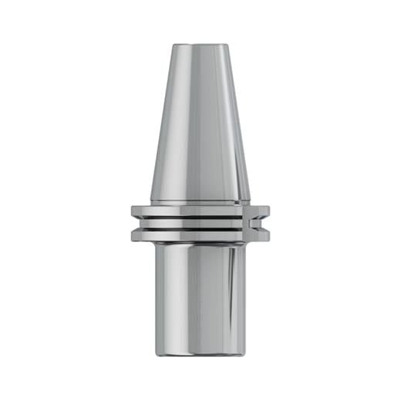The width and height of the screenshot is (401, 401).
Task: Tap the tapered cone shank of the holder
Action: tap(200, 123)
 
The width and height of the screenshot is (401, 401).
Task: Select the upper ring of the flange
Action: tap(193, 211)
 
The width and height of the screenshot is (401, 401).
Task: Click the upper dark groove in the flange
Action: tap(193, 217)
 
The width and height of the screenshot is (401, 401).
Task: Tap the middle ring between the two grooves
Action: tap(193, 223)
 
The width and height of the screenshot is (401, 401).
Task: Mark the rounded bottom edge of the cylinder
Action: tap(200, 354)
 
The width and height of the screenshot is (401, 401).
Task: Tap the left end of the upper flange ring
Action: tap(133, 211)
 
